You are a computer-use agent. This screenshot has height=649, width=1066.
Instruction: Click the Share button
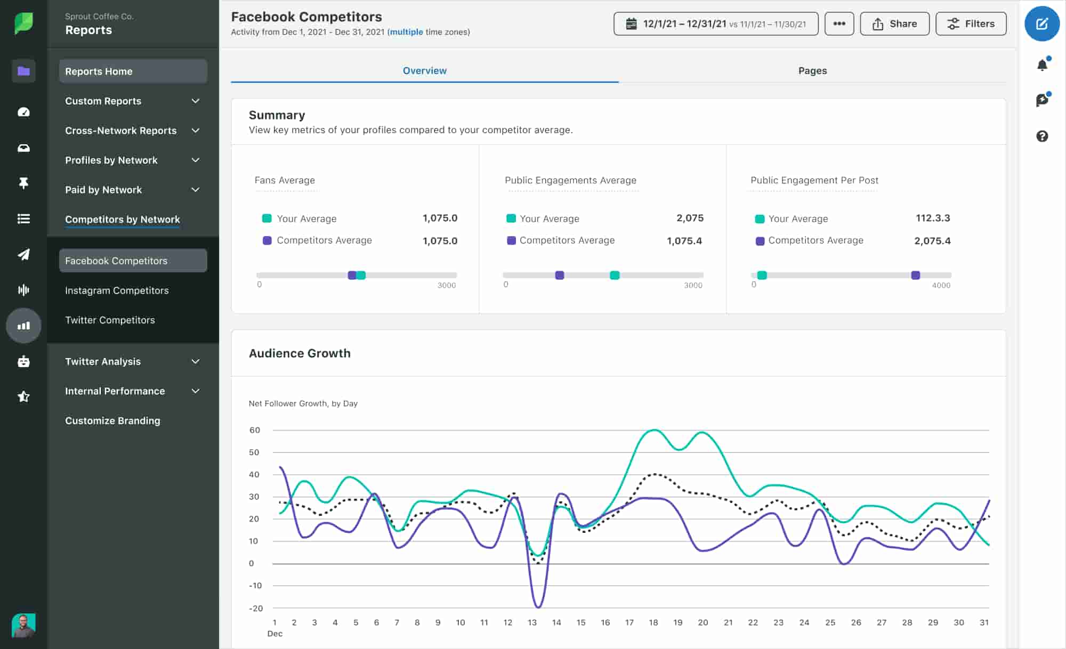894,24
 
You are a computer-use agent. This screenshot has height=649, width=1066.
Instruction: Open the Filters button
971,24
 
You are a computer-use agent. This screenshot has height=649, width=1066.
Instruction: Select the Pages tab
812,71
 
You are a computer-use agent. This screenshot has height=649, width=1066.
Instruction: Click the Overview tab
424,71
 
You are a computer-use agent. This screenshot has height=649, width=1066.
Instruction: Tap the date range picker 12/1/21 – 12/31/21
715,24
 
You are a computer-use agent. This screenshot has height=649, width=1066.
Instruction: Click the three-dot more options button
839,24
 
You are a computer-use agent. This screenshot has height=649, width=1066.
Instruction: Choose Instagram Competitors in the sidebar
117,290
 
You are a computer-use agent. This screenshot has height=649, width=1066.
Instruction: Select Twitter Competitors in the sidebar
110,320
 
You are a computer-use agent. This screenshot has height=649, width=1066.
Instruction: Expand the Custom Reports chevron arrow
196,101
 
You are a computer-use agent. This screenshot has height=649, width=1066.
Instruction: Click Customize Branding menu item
112,421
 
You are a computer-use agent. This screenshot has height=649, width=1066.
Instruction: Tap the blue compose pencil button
1041,24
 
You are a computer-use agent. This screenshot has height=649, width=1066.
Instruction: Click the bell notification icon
1042,65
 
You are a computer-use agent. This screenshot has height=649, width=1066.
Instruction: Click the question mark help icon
1042,136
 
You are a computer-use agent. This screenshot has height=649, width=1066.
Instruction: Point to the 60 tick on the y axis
255,430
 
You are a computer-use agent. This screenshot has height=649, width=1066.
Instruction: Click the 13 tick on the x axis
532,622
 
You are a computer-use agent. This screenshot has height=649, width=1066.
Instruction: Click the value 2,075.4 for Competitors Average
932,241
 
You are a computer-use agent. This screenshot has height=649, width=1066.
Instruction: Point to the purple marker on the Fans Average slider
352,275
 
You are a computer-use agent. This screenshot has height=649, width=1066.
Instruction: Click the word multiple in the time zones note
406,32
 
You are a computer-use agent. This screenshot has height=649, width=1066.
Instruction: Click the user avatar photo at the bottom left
23,625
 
